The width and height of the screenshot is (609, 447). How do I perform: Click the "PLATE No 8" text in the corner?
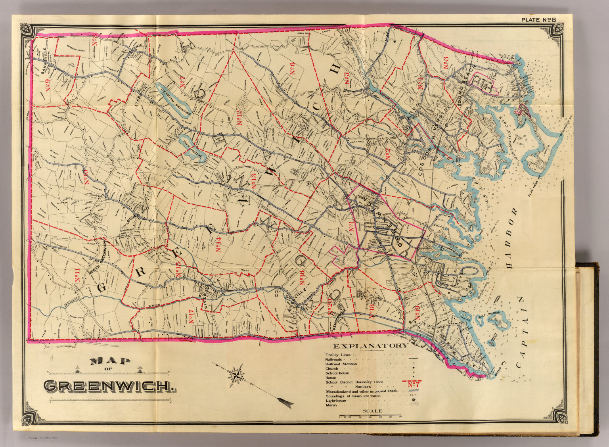(x=539, y=19)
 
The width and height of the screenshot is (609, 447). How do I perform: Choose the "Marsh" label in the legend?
(x=331, y=405)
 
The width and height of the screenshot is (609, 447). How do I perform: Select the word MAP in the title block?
(x=110, y=361)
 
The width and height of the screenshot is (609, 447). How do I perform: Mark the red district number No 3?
(x=446, y=64)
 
